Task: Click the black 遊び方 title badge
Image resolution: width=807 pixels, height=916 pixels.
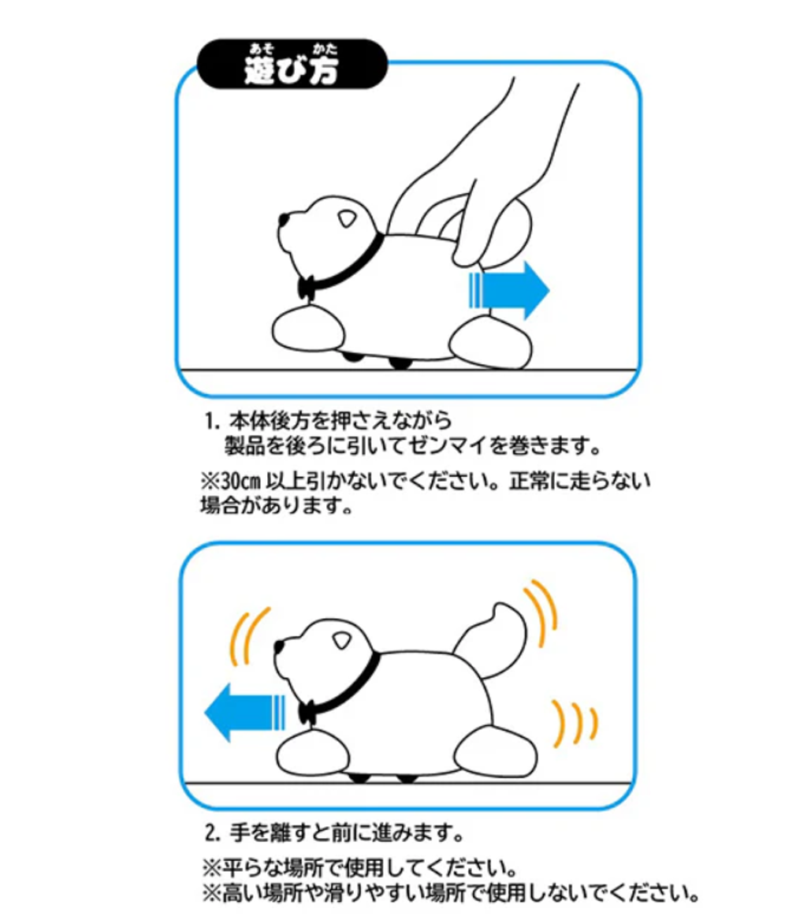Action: (292, 65)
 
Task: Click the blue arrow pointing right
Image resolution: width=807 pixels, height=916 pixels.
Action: (508, 290)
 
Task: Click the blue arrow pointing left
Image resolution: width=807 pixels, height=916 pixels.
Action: (244, 713)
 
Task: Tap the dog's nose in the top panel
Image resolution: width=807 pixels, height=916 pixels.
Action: (284, 221)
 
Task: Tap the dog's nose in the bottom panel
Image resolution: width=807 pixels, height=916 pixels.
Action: (279, 647)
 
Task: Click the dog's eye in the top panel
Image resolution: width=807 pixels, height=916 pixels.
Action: (347, 219)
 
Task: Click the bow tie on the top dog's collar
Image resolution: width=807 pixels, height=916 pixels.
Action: (306, 288)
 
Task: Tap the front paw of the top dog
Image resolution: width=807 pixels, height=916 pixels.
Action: (307, 330)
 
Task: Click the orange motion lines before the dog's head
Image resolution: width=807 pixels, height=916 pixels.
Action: (248, 637)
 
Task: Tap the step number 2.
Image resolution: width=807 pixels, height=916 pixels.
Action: (211, 832)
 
